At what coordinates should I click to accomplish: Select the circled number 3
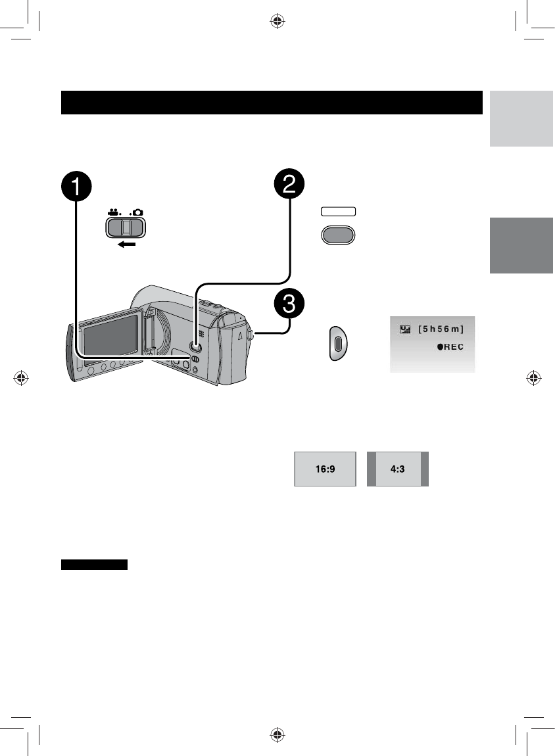(x=289, y=305)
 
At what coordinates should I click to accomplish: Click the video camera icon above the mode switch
(x=113, y=214)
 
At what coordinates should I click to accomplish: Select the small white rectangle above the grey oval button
(x=338, y=212)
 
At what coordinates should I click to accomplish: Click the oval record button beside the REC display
(x=338, y=343)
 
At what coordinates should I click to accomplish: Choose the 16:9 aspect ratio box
(x=325, y=469)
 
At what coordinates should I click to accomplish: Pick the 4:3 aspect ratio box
(x=397, y=469)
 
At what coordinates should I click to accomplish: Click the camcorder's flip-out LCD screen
(x=108, y=337)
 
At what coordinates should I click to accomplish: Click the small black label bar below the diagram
(x=94, y=565)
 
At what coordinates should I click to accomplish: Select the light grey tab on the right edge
(x=521, y=118)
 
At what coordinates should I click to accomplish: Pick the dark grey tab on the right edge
(x=521, y=245)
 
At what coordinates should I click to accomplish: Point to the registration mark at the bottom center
(x=277, y=735)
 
